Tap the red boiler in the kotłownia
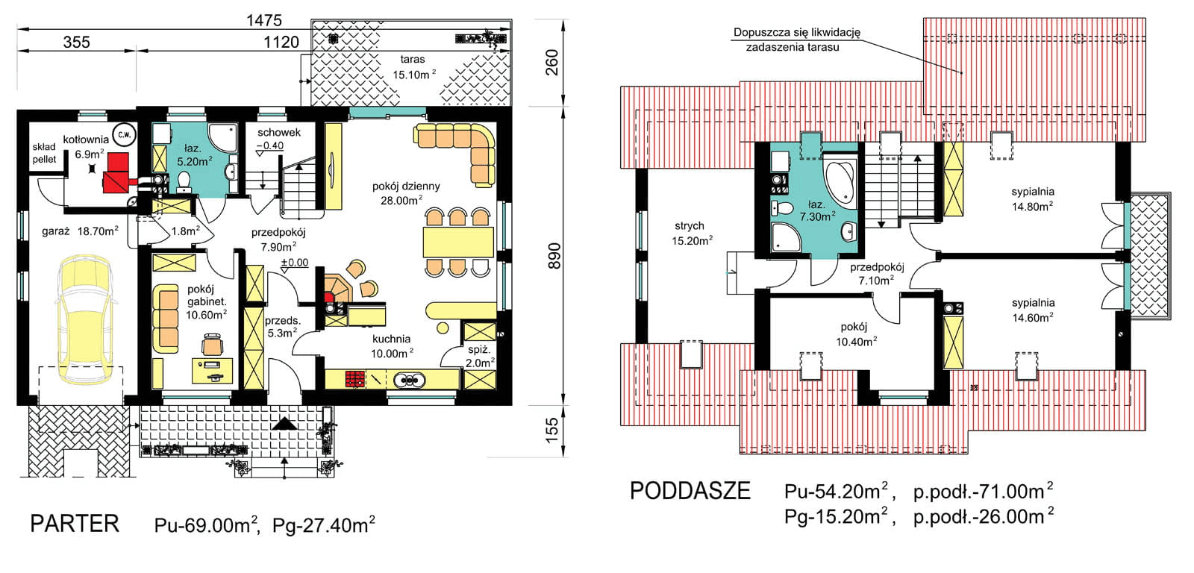[117, 172]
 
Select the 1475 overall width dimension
[264, 20]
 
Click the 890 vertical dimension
[554, 256]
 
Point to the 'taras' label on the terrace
[413, 59]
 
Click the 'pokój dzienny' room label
[406, 186]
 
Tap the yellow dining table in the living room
[458, 242]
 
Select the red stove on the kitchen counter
[355, 379]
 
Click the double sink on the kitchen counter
[410, 380]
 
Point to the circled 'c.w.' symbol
[124, 134]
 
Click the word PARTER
[75, 524]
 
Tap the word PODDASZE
[690, 491]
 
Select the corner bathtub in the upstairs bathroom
[840, 182]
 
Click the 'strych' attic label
[690, 226]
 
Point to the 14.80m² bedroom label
[1033, 206]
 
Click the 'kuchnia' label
[391, 339]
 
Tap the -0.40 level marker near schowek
[270, 145]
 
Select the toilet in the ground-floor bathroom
[184, 181]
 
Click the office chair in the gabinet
[212, 344]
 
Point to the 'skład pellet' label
[44, 153]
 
